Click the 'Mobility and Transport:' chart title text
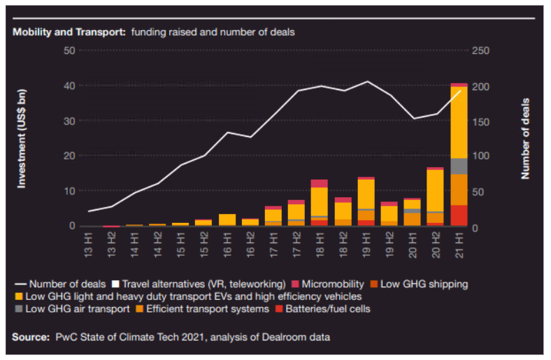pyautogui.click(x=69, y=31)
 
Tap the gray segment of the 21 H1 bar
pyautogui.click(x=459, y=166)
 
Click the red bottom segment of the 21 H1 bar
pyautogui.click(x=459, y=215)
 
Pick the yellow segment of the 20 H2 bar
pyautogui.click(x=436, y=190)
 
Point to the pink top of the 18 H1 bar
pyautogui.click(x=320, y=183)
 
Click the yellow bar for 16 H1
pyautogui.click(x=227, y=219)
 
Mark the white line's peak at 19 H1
pyautogui.click(x=366, y=81)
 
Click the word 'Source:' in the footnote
pyautogui.click(x=31, y=338)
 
